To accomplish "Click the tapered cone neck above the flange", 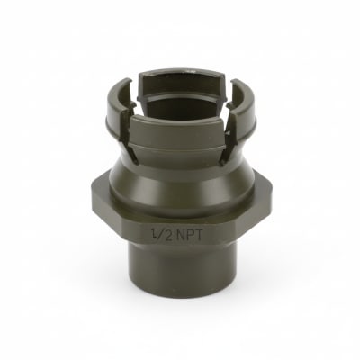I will tap(180, 175).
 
